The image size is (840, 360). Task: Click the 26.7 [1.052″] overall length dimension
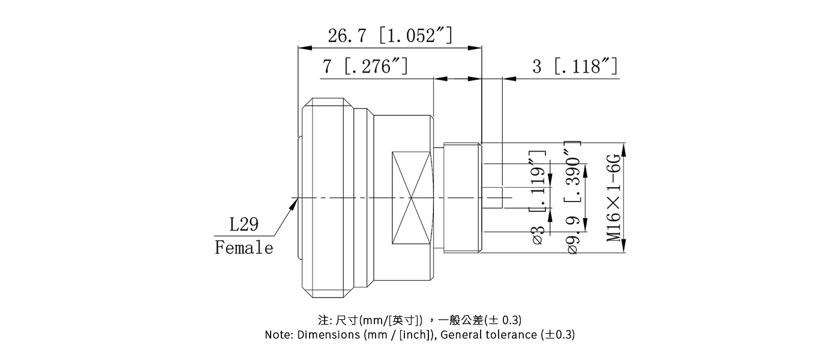pos(389,36)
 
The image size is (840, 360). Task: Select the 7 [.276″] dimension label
pos(365,66)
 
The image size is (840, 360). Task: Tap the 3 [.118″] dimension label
pos(574,66)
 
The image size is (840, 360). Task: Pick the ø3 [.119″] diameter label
pos(538,198)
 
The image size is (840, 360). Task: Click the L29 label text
pos(244,225)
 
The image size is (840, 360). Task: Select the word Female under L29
pos(244,247)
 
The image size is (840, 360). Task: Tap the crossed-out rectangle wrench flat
pos(412,198)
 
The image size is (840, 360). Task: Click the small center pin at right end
pos(492,198)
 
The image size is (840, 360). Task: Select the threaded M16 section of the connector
pos(462,198)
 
